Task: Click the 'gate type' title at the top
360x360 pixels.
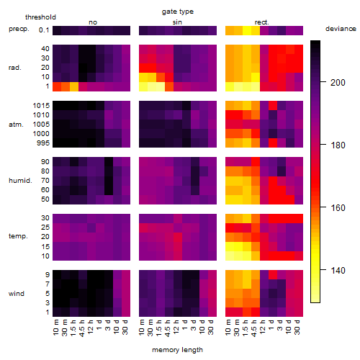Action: coord(178,12)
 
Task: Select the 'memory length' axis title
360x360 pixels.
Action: coord(177,350)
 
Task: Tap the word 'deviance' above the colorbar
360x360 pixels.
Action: coord(341,29)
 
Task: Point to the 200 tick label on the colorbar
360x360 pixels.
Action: coord(338,83)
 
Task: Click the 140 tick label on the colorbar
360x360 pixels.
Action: coord(338,271)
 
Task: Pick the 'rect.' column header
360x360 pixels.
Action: coord(262,22)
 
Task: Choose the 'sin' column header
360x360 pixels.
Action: coord(177,22)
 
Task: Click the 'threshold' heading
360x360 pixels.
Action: coord(40,17)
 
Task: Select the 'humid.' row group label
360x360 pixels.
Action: coord(20,181)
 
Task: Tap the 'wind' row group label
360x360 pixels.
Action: coord(17,294)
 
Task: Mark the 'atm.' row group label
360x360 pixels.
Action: coord(16,125)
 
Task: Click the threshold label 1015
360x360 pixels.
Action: coord(41,106)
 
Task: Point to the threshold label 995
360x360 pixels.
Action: coord(43,143)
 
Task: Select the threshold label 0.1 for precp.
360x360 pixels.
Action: coord(44,30)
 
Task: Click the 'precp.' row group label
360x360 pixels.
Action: coord(19,29)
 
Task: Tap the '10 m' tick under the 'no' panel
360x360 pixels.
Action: coord(56,328)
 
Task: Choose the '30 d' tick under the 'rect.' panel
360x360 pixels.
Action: coord(297,328)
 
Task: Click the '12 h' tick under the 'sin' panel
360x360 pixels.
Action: coord(176,327)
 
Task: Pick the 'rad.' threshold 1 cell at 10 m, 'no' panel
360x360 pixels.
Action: coord(57,86)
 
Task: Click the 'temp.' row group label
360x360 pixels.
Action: coord(18,236)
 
